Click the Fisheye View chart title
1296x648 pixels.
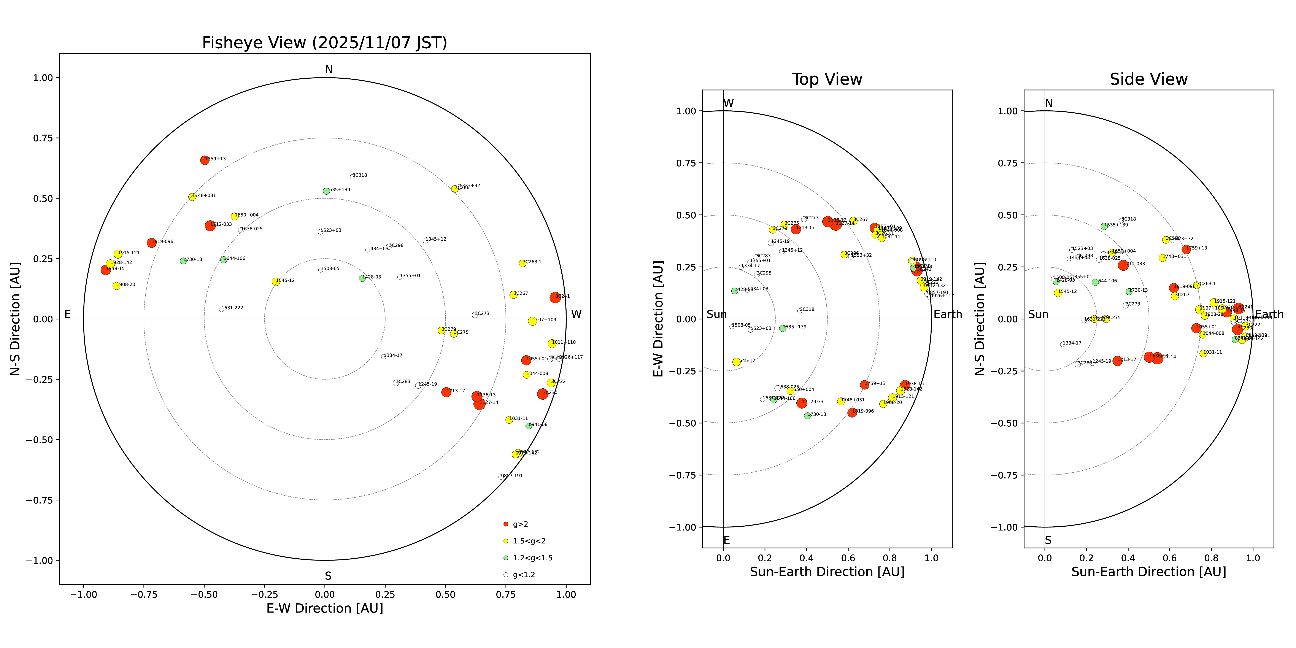(x=324, y=43)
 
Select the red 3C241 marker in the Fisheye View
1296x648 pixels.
(x=555, y=297)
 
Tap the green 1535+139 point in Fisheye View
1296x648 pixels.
(x=326, y=191)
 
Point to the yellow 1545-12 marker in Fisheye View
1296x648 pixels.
(x=276, y=282)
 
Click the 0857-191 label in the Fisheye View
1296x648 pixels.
(x=512, y=475)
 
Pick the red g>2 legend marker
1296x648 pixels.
(x=506, y=524)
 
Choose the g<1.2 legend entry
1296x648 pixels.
(x=523, y=575)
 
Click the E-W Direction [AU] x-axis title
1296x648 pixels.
(x=324, y=608)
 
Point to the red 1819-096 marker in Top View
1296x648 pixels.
(x=852, y=413)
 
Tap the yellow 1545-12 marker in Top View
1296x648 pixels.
(x=737, y=362)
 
